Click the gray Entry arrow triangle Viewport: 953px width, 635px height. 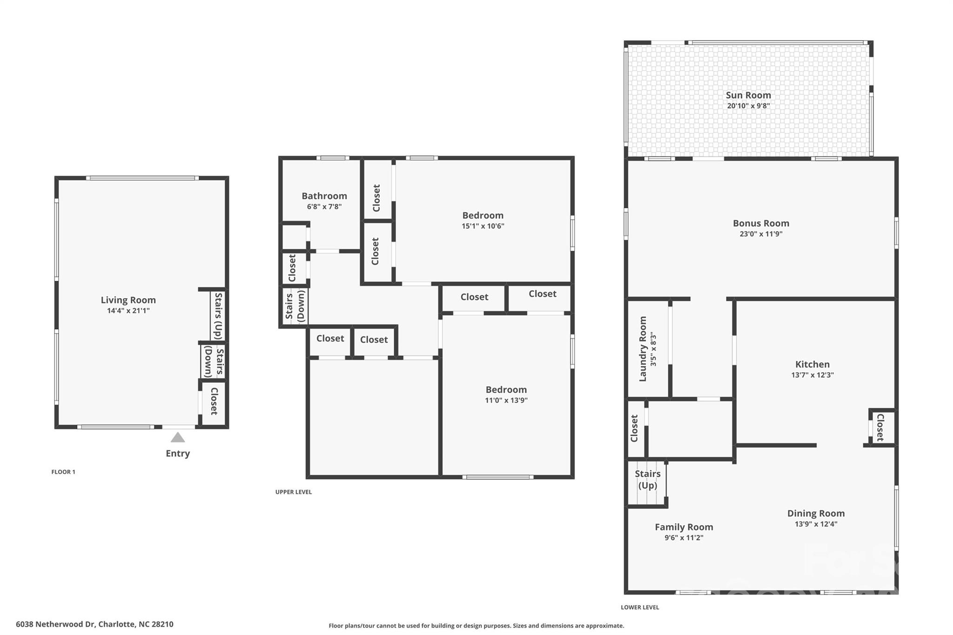point(177,437)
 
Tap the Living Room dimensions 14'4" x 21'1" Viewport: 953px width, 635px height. point(128,311)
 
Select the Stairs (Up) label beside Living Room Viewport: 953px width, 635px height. point(218,315)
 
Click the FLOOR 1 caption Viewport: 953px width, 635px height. point(63,472)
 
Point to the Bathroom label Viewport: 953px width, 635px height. point(324,196)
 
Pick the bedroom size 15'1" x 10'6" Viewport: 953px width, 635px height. point(483,226)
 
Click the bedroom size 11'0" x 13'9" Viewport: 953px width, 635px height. point(506,400)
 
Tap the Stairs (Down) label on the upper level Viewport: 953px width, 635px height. point(295,306)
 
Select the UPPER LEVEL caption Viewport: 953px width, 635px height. point(293,492)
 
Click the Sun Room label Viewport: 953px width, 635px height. point(748,95)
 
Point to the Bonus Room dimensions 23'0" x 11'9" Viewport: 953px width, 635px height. point(761,234)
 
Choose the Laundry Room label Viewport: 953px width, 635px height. point(643,349)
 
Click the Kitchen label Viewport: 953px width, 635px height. point(812,364)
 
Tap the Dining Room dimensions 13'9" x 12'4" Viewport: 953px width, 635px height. point(816,524)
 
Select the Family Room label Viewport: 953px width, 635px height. point(684,527)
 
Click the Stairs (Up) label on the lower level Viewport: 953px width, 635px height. point(647,479)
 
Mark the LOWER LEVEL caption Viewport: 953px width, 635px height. point(640,607)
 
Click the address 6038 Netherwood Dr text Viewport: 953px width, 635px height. point(56,624)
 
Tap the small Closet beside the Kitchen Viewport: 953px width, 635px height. point(880,428)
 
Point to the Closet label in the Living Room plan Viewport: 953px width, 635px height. point(214,401)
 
